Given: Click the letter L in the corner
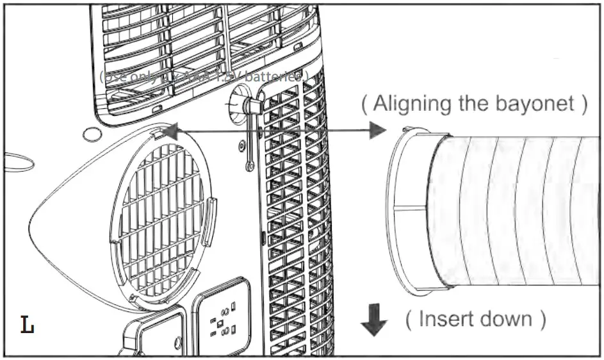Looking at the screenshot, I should (27, 325).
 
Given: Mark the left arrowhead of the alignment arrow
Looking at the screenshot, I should (168, 131).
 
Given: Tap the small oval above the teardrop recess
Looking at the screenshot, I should (93, 135).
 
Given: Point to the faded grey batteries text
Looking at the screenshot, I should (204, 76).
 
